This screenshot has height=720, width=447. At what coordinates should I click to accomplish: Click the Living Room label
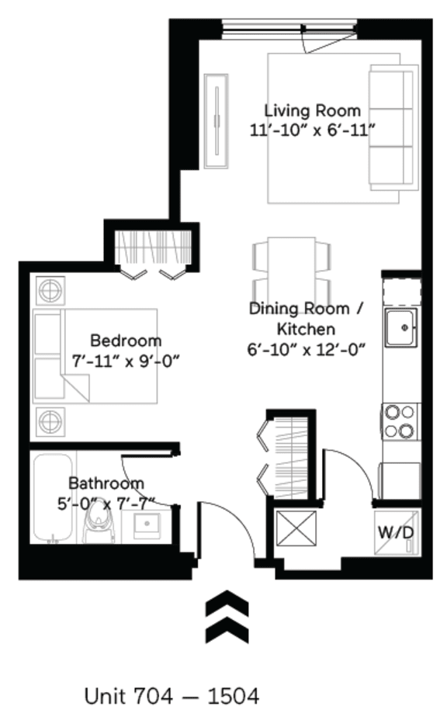click(x=312, y=110)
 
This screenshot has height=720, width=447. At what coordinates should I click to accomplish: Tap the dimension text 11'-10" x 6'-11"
click(x=312, y=130)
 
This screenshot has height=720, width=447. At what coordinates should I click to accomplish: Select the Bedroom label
click(x=126, y=340)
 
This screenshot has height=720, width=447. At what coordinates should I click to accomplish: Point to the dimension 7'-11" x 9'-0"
click(x=126, y=360)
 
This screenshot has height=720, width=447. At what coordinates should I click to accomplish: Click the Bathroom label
click(x=106, y=482)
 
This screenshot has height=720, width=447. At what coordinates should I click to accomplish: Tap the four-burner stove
click(x=400, y=421)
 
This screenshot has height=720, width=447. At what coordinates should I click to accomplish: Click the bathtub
click(x=53, y=497)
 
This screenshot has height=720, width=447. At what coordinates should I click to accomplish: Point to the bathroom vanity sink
click(x=146, y=527)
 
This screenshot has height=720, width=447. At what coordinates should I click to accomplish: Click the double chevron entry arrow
click(x=227, y=616)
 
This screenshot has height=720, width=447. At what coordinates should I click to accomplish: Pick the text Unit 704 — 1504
click(x=171, y=696)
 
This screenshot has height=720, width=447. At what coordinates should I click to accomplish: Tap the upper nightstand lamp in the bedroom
click(x=49, y=292)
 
